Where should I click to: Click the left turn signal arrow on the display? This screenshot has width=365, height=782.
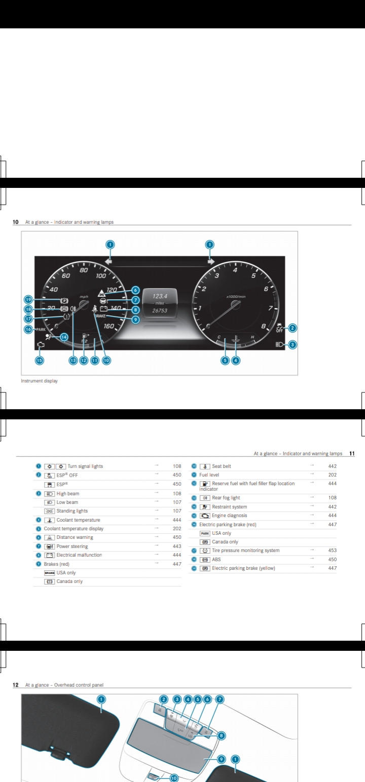point(108,261)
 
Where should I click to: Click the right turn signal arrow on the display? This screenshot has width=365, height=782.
point(211,261)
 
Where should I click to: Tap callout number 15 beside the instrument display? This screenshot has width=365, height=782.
point(39,361)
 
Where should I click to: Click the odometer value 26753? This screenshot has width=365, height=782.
point(160,310)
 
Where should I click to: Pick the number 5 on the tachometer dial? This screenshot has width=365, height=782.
point(253,276)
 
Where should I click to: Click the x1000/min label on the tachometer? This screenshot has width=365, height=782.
point(236,296)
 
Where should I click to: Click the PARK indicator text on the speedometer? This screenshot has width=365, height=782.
point(41,330)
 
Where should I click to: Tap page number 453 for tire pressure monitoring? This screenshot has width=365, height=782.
point(332,551)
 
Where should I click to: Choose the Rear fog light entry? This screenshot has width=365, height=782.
point(226,498)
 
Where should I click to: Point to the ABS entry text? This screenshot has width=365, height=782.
point(216,560)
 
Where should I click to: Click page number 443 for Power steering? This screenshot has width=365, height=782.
point(177,546)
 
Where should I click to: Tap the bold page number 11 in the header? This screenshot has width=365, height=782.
point(352,453)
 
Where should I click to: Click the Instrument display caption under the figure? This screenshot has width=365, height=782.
point(39,381)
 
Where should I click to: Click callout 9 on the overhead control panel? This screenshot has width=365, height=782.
point(222,759)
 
